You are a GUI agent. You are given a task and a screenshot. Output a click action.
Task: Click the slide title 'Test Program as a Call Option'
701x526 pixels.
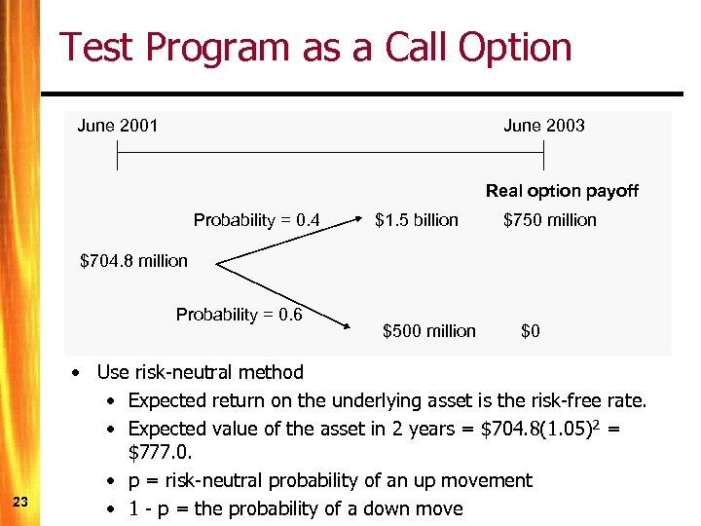[x=315, y=48]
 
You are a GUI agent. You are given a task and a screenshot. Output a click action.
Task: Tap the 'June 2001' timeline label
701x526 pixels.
[x=118, y=126]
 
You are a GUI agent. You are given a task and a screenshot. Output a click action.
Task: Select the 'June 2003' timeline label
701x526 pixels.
[x=543, y=126]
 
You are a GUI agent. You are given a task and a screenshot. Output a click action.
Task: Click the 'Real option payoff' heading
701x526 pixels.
[x=562, y=191]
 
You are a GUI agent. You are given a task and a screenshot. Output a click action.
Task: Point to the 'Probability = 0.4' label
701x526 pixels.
[x=257, y=220]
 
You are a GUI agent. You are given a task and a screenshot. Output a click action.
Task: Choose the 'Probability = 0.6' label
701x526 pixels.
[x=240, y=315]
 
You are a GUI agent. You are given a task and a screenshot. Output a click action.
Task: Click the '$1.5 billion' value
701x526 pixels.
[x=417, y=220]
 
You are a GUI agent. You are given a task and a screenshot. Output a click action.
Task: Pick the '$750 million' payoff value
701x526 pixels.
[x=549, y=220]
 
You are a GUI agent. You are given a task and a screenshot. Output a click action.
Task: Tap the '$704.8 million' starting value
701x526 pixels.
[x=133, y=261]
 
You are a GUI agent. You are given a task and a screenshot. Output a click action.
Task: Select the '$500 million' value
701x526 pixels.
[x=429, y=331]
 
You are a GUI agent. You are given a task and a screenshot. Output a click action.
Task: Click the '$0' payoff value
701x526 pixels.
[x=531, y=331]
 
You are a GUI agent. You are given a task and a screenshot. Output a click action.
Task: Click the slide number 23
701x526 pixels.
[x=20, y=502]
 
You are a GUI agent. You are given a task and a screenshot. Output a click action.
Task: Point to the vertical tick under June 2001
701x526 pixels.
[x=117, y=155]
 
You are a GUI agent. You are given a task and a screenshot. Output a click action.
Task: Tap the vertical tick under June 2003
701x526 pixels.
[x=544, y=155]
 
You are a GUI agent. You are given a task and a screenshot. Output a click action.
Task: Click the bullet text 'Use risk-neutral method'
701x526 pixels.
[x=201, y=372]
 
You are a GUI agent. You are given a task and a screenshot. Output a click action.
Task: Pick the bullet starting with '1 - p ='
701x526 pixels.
[x=296, y=508]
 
